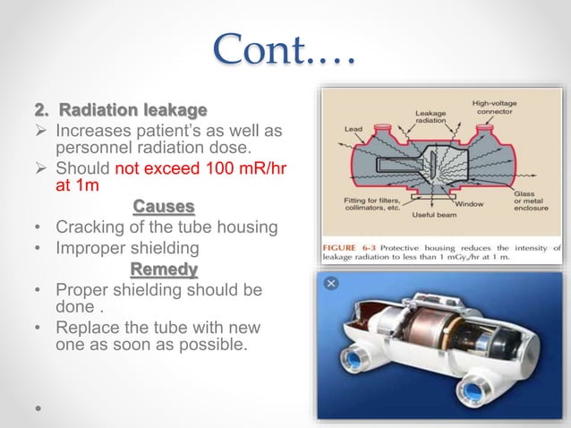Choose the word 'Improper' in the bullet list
pos(90,248)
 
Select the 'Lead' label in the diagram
pos(353,128)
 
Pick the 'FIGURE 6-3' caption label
pos(345,244)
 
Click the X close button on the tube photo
pos(330,282)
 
